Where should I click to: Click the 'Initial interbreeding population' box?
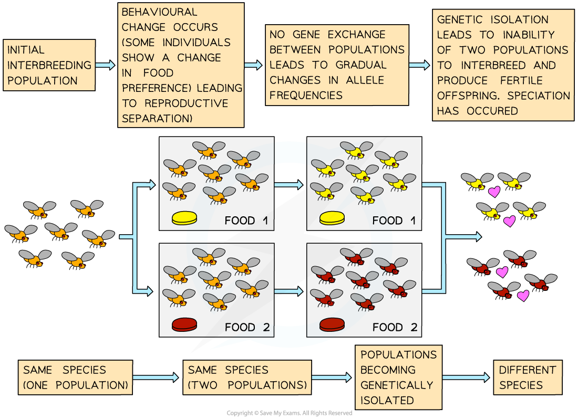[x=49, y=65]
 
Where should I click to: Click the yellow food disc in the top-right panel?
[x=332, y=217]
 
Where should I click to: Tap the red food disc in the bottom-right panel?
[x=332, y=324]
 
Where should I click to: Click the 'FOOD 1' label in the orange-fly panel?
[x=246, y=221]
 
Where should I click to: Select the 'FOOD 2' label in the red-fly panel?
[x=395, y=328]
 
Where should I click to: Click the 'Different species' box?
[x=528, y=377]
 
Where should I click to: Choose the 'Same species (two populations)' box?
[x=247, y=377]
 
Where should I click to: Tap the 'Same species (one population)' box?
[x=75, y=377]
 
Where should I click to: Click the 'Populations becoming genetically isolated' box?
[x=398, y=377]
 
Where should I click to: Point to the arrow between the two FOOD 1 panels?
[x=290, y=185]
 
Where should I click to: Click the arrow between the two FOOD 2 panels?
[x=290, y=291]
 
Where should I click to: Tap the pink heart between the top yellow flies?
[x=494, y=192]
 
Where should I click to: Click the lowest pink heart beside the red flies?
[x=523, y=296]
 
